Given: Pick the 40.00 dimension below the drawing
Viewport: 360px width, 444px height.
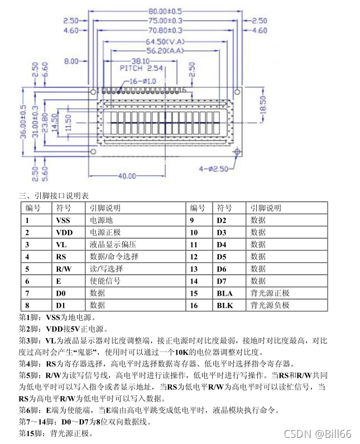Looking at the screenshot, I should pyautogui.click(x=127, y=176).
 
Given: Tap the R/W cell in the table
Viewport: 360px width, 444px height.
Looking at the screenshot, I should pyautogui.click(x=64, y=269).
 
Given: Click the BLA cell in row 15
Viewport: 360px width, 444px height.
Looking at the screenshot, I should pyautogui.click(x=225, y=293).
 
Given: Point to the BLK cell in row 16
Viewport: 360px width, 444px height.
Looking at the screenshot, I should pyautogui.click(x=225, y=306).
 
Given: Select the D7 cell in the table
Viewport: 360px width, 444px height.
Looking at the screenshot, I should pyautogui.click(x=222, y=281).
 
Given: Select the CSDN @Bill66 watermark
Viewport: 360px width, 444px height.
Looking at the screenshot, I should pyautogui.click(x=318, y=433).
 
